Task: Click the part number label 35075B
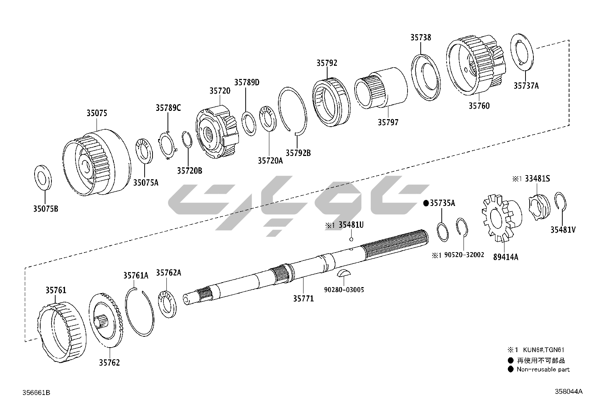(x=45, y=209)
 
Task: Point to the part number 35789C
(x=168, y=108)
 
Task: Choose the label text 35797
(x=388, y=122)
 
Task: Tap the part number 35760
(x=479, y=106)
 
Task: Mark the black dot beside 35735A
(x=426, y=203)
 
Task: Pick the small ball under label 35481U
(x=351, y=239)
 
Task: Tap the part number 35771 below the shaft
(x=303, y=298)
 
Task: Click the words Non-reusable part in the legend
(x=543, y=369)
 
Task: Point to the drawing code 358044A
(x=568, y=391)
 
